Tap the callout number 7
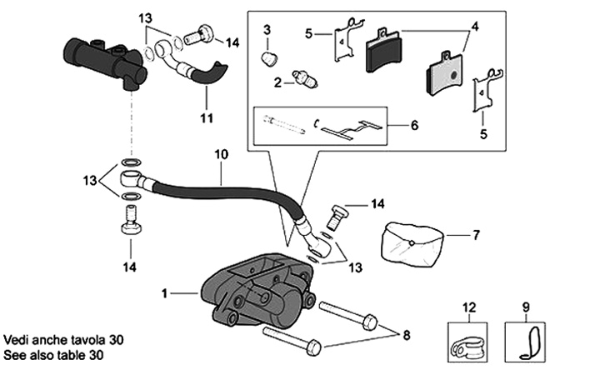[x=476, y=235]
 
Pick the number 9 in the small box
[x=526, y=305]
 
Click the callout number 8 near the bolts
[x=407, y=336]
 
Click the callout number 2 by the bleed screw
[x=277, y=82]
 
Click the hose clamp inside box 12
[x=466, y=342]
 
